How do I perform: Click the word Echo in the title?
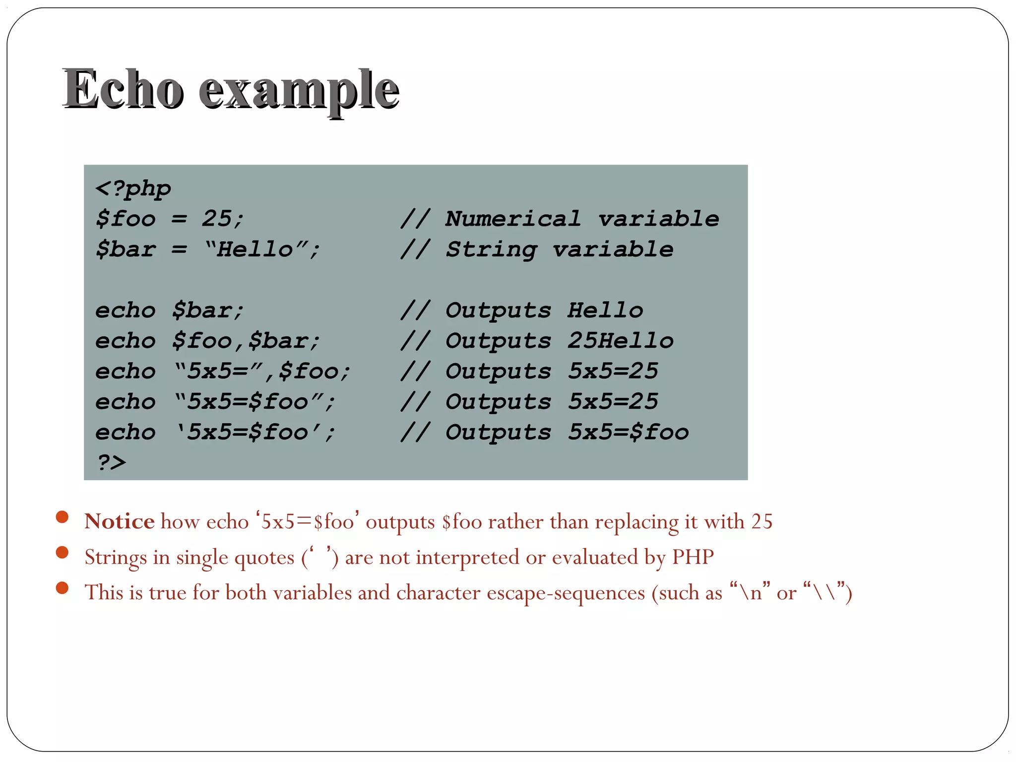click(123, 90)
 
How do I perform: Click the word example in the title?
click(299, 91)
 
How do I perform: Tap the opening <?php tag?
click(133, 189)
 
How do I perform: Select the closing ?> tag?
click(111, 462)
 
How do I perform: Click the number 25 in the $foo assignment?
click(216, 219)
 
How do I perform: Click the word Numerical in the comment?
click(513, 219)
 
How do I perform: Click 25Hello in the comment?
click(621, 341)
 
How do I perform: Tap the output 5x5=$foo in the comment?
click(629, 432)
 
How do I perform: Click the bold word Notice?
click(119, 522)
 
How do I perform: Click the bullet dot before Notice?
click(62, 517)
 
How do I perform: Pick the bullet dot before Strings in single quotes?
click(62, 553)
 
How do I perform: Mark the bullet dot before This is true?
click(62, 588)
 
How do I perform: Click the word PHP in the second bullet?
click(693, 557)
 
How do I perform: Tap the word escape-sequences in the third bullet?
click(566, 593)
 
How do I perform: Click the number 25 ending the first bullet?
click(762, 522)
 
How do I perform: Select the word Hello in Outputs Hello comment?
click(605, 311)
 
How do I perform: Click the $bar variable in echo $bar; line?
click(201, 311)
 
